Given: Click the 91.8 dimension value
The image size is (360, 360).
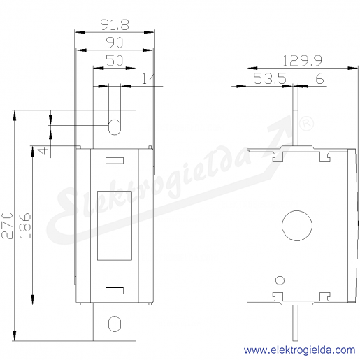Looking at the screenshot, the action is click(x=115, y=25).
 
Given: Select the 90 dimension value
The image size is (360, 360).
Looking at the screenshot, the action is click(x=115, y=43).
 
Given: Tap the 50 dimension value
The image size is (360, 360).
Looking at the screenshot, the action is click(x=115, y=61).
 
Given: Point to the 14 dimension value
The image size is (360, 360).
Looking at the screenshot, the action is click(x=150, y=78).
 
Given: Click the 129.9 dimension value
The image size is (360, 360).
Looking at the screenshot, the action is click(x=303, y=61).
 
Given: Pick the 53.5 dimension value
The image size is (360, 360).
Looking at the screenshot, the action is click(x=270, y=78).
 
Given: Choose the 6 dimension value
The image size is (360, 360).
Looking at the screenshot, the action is click(x=319, y=78).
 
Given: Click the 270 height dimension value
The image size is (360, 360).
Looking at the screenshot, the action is click(x=7, y=225).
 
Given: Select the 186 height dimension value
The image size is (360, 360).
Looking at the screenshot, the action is click(x=25, y=225).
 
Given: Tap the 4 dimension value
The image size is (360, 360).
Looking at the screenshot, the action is click(x=43, y=151).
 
